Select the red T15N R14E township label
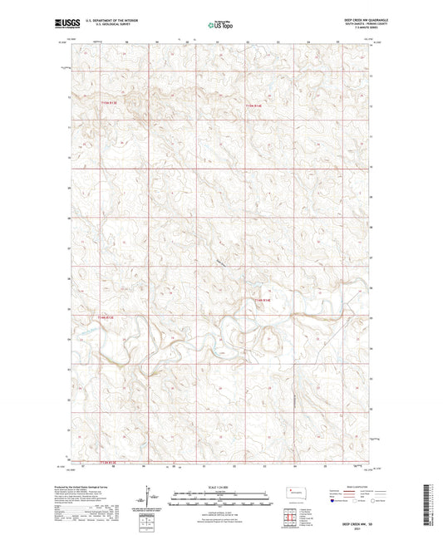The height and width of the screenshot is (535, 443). tap(254, 105)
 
